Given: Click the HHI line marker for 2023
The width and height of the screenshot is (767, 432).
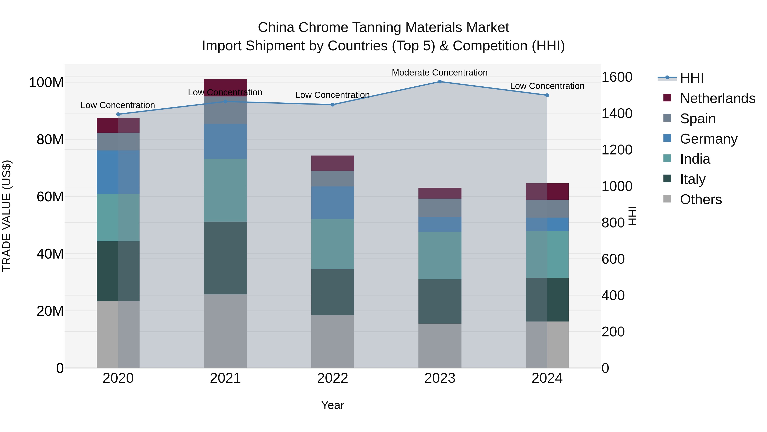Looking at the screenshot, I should pyautogui.click(x=440, y=82).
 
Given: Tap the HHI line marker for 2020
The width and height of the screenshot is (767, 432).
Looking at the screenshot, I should pyautogui.click(x=118, y=114).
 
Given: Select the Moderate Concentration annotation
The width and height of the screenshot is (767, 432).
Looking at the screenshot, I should pyautogui.click(x=440, y=73).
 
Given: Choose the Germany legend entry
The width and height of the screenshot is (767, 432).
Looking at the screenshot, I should pyautogui.click(x=708, y=139).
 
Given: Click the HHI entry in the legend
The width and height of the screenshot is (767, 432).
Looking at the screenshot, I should pyautogui.click(x=692, y=78).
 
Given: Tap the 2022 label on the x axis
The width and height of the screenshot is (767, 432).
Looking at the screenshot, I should pyautogui.click(x=333, y=378).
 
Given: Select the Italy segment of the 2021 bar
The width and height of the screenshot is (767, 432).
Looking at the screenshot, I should pyautogui.click(x=225, y=258).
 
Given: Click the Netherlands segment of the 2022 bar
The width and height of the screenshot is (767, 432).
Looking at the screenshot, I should pyautogui.click(x=333, y=163).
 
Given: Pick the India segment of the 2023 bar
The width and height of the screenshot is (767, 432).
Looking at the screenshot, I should pyautogui.click(x=440, y=256).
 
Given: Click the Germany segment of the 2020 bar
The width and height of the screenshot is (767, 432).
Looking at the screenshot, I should pyautogui.click(x=118, y=172).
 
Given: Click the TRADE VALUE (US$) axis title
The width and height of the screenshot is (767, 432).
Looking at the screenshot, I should pyautogui.click(x=7, y=216).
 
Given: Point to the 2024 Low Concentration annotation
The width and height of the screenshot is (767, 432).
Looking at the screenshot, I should pyautogui.click(x=547, y=86).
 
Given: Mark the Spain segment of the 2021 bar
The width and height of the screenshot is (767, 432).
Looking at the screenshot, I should pyautogui.click(x=225, y=110).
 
